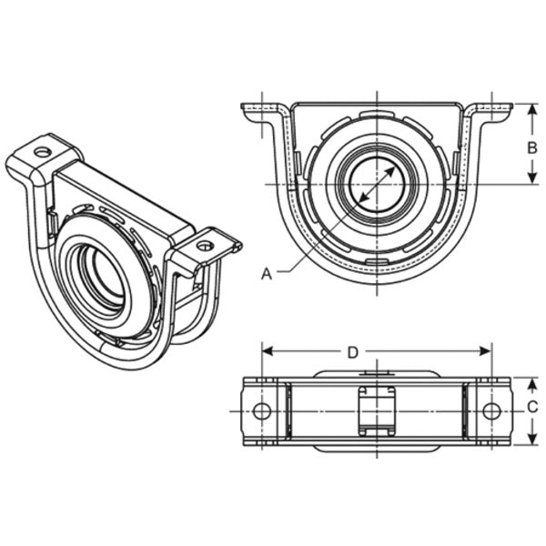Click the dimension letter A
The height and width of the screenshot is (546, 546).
267,273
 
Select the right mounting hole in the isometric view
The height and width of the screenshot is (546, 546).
205,245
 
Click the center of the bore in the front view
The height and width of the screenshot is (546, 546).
376,186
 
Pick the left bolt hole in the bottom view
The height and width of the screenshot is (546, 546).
262,410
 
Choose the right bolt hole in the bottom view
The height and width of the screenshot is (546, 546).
491,410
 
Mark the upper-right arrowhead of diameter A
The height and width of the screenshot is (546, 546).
395,167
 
